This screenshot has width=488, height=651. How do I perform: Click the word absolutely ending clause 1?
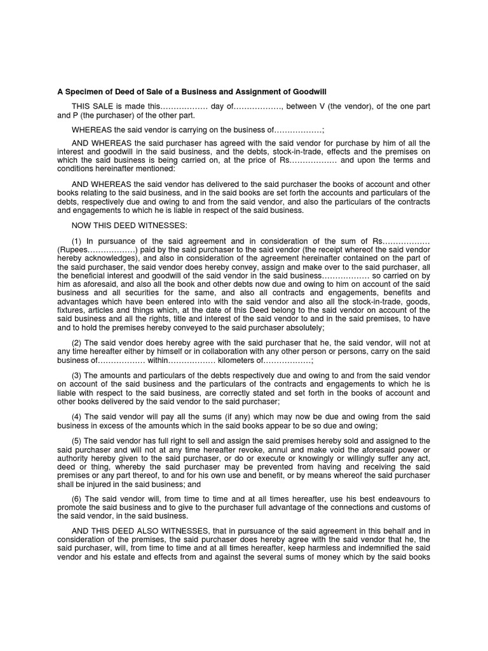click(301, 327)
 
